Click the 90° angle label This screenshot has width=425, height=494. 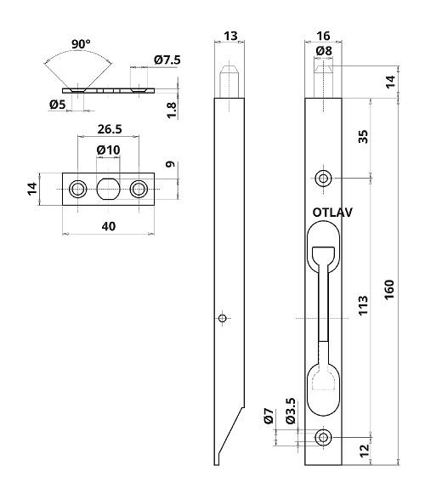point(81,44)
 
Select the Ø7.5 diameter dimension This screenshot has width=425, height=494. point(167,60)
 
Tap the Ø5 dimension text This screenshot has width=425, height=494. point(57,105)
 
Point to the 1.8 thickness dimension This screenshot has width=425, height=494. point(172,110)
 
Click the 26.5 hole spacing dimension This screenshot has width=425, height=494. point(110,129)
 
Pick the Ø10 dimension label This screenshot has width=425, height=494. point(109,150)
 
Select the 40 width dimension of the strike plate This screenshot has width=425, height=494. point(109,226)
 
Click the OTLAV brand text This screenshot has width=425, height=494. point(332,213)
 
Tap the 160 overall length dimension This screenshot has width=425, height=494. point(389,289)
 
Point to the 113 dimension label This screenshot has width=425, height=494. point(363,305)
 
